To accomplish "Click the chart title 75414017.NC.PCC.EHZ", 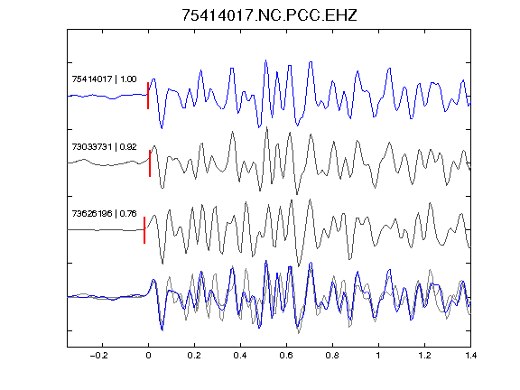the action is [269, 15].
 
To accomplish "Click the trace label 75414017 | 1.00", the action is [104, 79].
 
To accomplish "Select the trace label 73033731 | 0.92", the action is [104, 146].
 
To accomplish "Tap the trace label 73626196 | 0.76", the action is [104, 214].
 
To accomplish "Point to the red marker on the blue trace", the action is [148, 96].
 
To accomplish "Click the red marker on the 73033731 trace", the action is [150, 163].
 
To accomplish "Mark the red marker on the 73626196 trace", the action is [144, 230].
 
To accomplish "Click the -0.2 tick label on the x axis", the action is [98, 356].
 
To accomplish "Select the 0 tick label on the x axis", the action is [148, 356].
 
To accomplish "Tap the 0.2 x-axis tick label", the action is [194, 356].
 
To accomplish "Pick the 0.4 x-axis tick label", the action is [240, 356].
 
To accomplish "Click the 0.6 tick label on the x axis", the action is [286, 356].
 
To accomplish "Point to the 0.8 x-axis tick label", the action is [332, 356].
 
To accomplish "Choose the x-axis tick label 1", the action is [378, 356].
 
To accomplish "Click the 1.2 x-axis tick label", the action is [424, 356].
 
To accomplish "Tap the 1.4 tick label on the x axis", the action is [470, 356].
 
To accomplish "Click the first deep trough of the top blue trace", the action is [162, 128].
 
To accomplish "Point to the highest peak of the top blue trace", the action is [265, 60].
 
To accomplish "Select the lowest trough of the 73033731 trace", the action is [297, 194].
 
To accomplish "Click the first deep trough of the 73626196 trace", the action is [162, 264].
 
